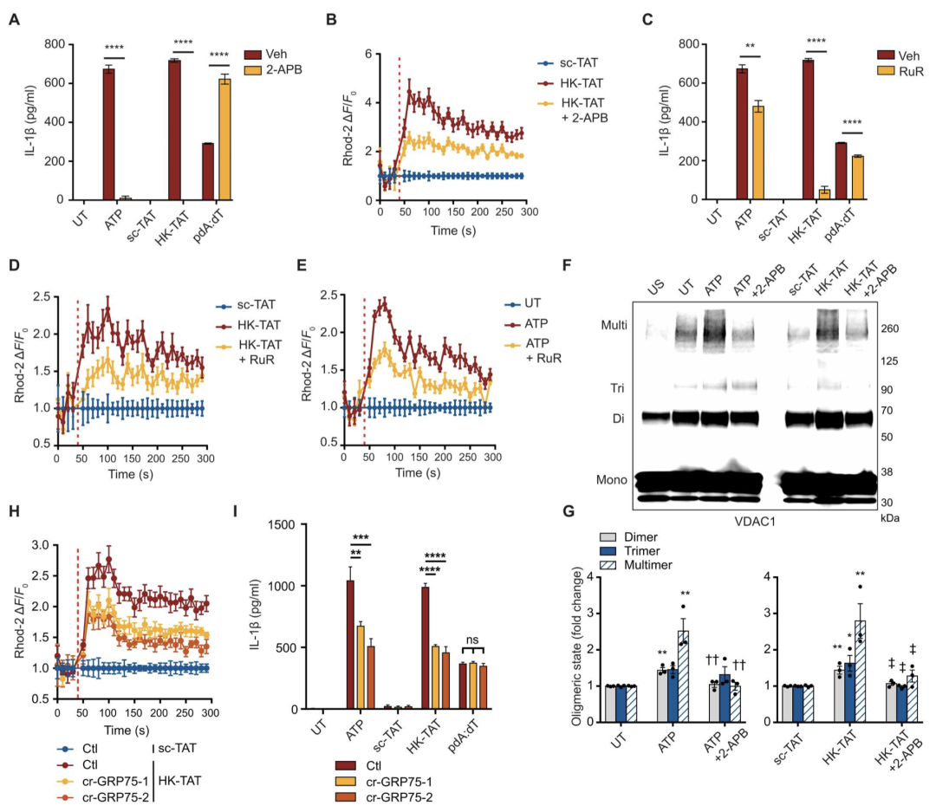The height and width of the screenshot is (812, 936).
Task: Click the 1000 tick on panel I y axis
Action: [300, 586]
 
